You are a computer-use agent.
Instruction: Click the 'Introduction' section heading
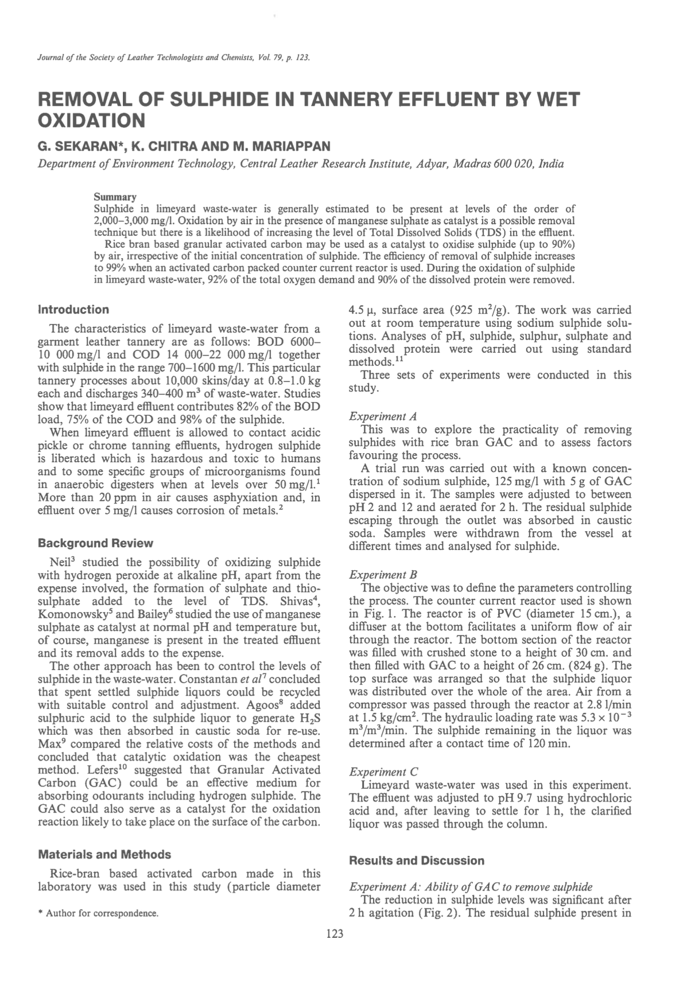(73, 310)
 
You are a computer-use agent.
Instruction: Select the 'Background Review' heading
(95, 543)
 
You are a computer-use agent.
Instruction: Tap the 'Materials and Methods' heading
(104, 854)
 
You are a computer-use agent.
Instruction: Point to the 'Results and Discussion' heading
(416, 860)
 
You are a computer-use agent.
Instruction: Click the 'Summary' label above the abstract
(115, 197)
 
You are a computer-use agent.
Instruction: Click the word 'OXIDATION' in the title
(90, 121)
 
